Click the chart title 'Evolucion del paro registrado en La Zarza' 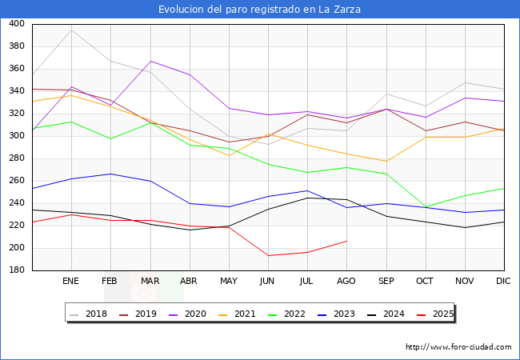(259, 10)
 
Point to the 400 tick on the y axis (16, 24)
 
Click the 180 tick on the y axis (16, 270)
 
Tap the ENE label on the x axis (71, 282)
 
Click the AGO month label (346, 282)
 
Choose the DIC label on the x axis (503, 282)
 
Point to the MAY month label (229, 282)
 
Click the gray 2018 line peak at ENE (71, 30)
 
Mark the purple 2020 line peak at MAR (150, 61)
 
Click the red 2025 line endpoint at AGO (346, 241)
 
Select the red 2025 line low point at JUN (268, 256)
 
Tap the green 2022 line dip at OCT (425, 207)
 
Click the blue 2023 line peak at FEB (110, 174)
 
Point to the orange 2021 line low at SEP (386, 162)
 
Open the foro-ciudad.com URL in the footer (458, 347)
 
